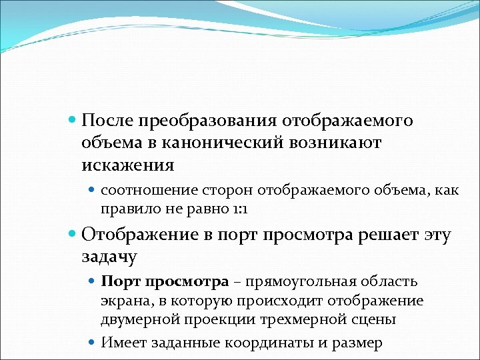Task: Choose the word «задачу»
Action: click(109, 257)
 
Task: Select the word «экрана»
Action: click(122, 301)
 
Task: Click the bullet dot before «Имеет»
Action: click(93, 343)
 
